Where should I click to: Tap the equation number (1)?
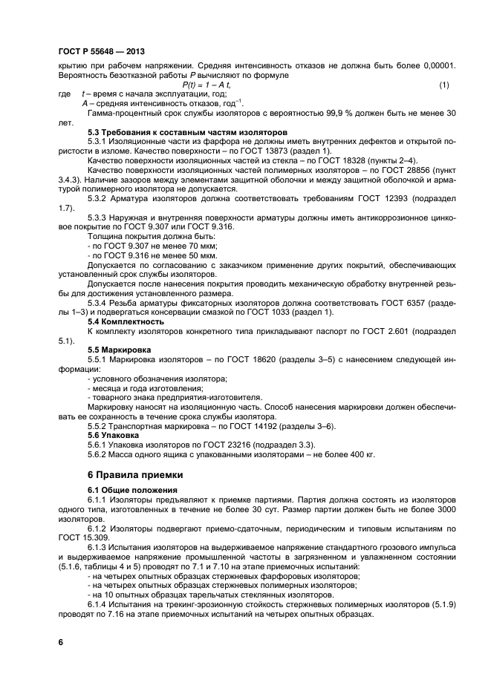coord(444,86)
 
